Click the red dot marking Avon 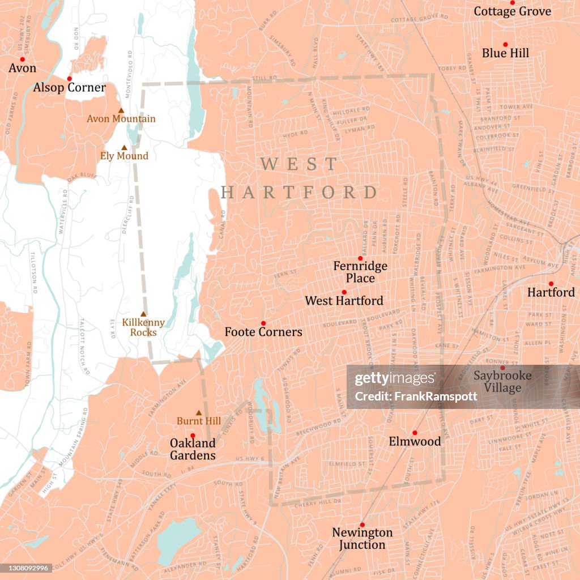click(x=23, y=59)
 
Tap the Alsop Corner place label click(x=69, y=88)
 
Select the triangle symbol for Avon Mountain click(x=121, y=110)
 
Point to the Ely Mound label click(x=124, y=156)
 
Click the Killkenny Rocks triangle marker click(x=143, y=314)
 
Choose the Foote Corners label click(x=263, y=332)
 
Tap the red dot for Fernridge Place click(x=360, y=258)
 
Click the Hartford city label click(x=551, y=292)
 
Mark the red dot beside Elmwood click(x=415, y=433)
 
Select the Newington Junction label click(x=362, y=539)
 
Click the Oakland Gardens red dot click(x=193, y=436)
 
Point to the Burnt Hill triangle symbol click(x=198, y=413)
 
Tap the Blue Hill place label click(x=505, y=53)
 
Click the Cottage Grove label click(x=512, y=11)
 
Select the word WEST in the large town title click(x=298, y=165)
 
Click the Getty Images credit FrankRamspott click(x=416, y=396)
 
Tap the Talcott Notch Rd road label click(x=85, y=346)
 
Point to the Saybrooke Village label click(x=502, y=382)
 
